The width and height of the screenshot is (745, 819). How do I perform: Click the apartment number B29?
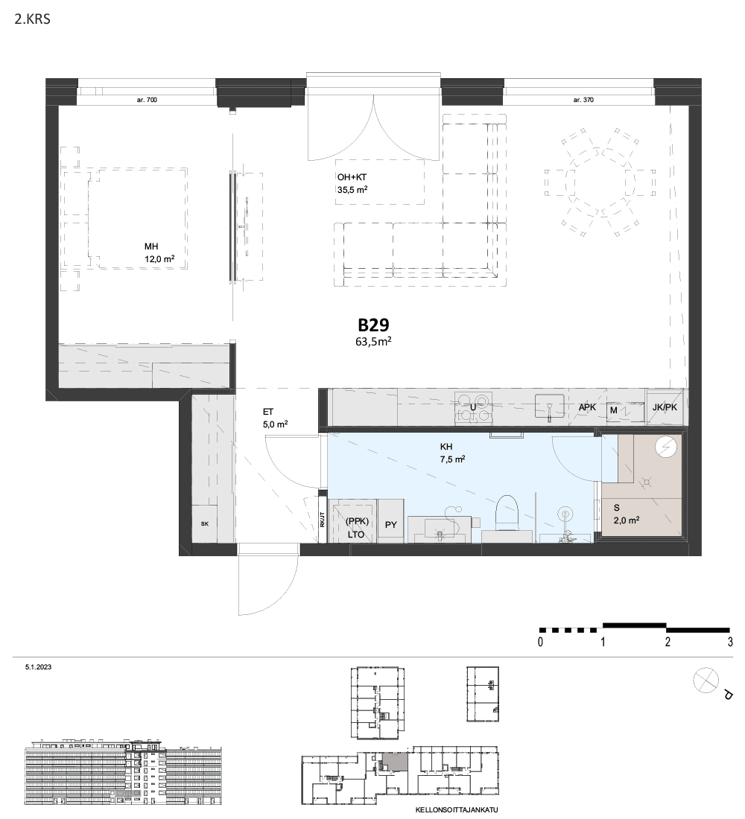[373, 325]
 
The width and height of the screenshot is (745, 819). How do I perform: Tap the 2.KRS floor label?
[33, 19]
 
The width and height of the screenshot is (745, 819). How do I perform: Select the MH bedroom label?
[151, 246]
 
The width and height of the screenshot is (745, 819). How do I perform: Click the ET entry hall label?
[268, 412]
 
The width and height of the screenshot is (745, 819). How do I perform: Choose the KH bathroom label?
[446, 447]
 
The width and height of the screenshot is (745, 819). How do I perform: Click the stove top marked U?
[474, 407]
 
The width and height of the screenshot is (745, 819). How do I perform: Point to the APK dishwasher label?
[587, 407]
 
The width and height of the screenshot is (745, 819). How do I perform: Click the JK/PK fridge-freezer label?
[665, 407]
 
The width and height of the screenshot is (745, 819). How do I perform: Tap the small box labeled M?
[614, 410]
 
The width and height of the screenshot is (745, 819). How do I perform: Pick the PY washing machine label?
[391, 525]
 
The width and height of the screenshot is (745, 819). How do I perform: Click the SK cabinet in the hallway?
[204, 523]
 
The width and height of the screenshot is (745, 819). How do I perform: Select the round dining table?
[600, 181]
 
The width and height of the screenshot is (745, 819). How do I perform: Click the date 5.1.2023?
[38, 667]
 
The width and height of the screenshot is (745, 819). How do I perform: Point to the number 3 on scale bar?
[730, 642]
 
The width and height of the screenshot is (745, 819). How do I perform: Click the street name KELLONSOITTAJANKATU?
[457, 810]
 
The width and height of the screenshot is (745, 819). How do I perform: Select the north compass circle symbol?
[706, 681]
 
